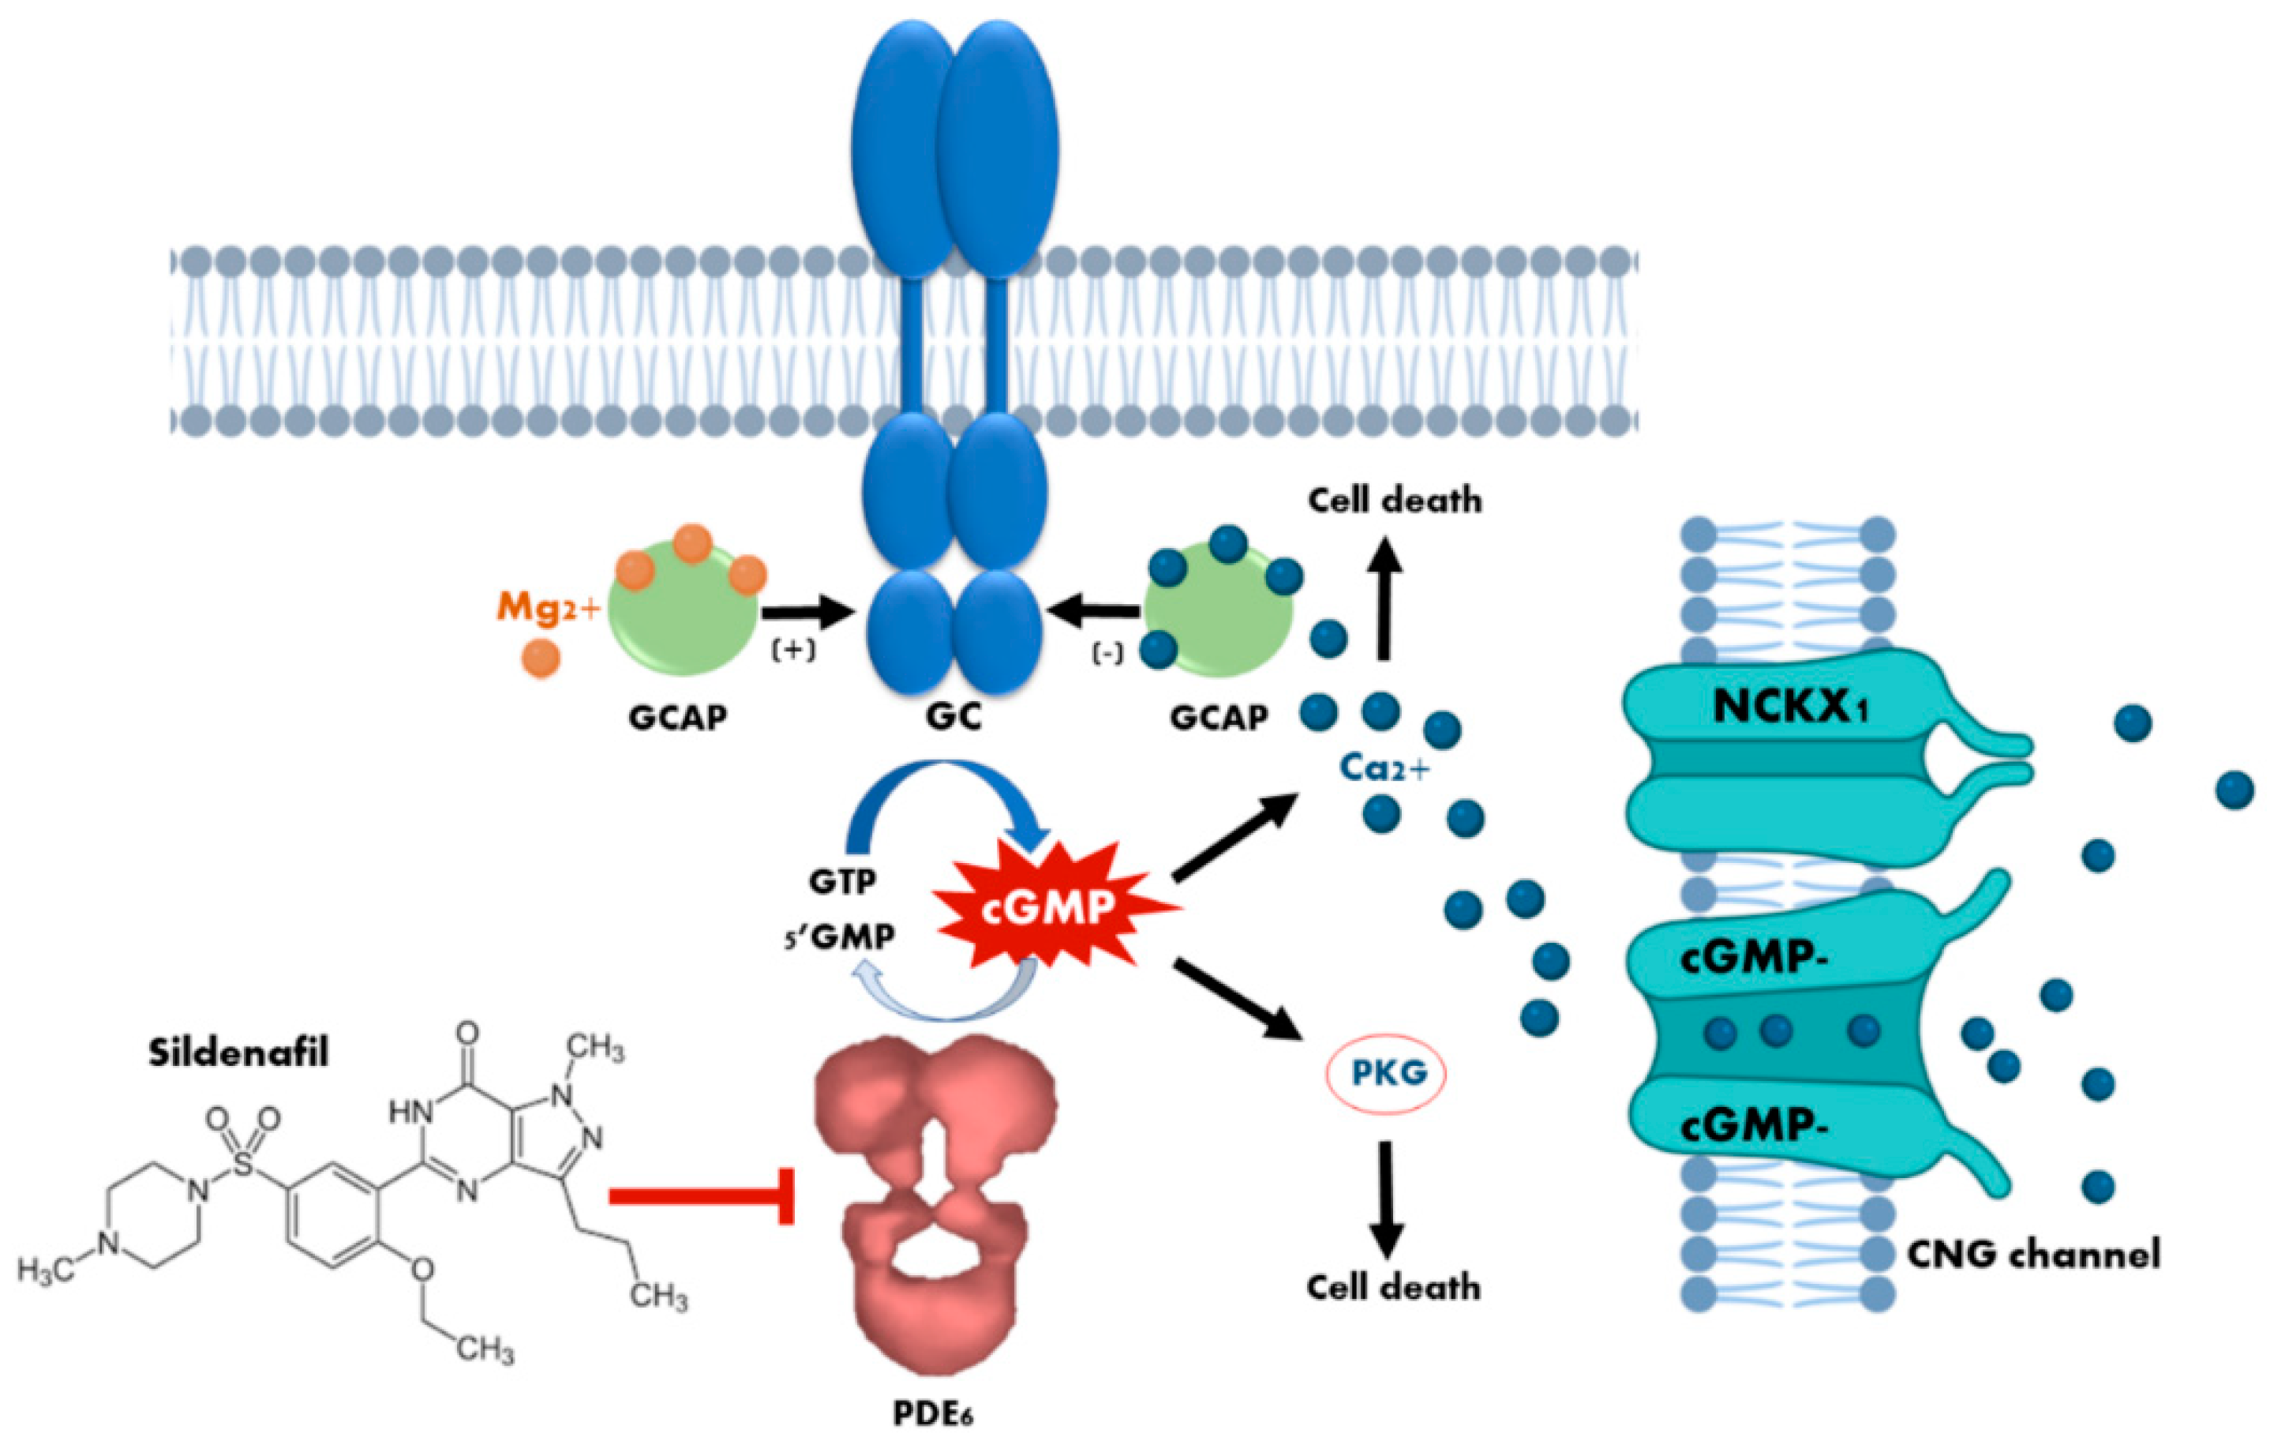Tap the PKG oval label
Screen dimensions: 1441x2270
coord(1387,1073)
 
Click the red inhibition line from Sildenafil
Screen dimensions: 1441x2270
coord(698,1195)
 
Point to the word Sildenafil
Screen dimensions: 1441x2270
coord(238,1053)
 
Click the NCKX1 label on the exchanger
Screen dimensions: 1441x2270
coord(1790,707)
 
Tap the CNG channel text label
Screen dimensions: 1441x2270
coord(2034,1255)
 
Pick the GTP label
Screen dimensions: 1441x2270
coord(842,882)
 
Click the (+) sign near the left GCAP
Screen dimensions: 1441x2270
coord(794,651)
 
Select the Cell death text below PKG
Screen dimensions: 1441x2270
coord(1393,1287)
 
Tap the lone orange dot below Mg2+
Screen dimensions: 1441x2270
coord(540,657)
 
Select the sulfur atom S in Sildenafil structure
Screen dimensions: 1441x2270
coord(244,1165)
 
